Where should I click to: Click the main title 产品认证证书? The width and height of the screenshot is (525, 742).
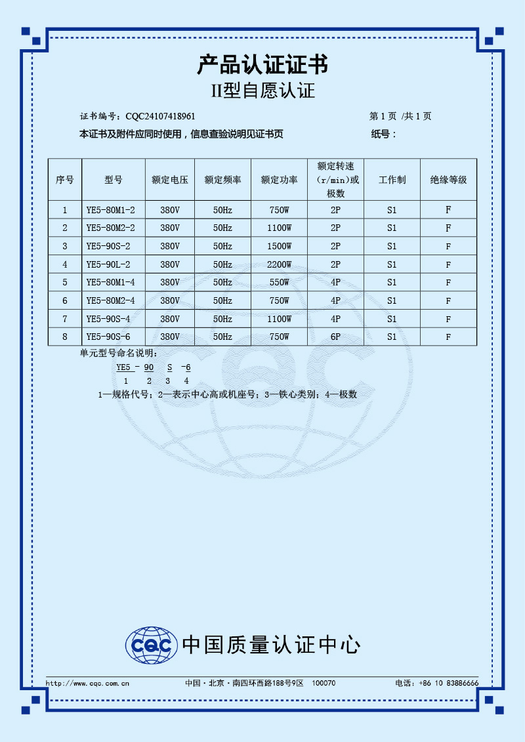click(262, 65)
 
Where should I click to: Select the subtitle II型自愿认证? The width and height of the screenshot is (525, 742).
click(262, 91)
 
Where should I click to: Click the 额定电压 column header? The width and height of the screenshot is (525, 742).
click(170, 180)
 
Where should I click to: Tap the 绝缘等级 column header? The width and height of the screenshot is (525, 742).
click(448, 180)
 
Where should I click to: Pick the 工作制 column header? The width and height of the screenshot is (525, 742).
click(392, 180)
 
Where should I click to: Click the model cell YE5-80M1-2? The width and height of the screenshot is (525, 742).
click(110, 211)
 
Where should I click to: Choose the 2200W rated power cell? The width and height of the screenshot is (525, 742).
click(279, 265)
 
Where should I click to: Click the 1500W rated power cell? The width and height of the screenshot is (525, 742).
click(279, 247)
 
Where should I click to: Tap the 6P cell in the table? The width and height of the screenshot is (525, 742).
click(335, 337)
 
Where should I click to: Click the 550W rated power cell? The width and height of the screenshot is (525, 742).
click(279, 283)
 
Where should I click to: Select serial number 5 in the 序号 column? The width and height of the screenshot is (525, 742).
click(65, 283)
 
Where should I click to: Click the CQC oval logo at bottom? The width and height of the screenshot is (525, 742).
click(152, 646)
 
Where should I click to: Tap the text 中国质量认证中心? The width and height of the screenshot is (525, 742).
click(270, 645)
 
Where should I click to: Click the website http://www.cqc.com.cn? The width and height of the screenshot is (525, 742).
click(87, 683)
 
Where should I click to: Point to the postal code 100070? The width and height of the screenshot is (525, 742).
click(324, 683)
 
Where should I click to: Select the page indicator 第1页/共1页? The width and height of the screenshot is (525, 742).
click(400, 117)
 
